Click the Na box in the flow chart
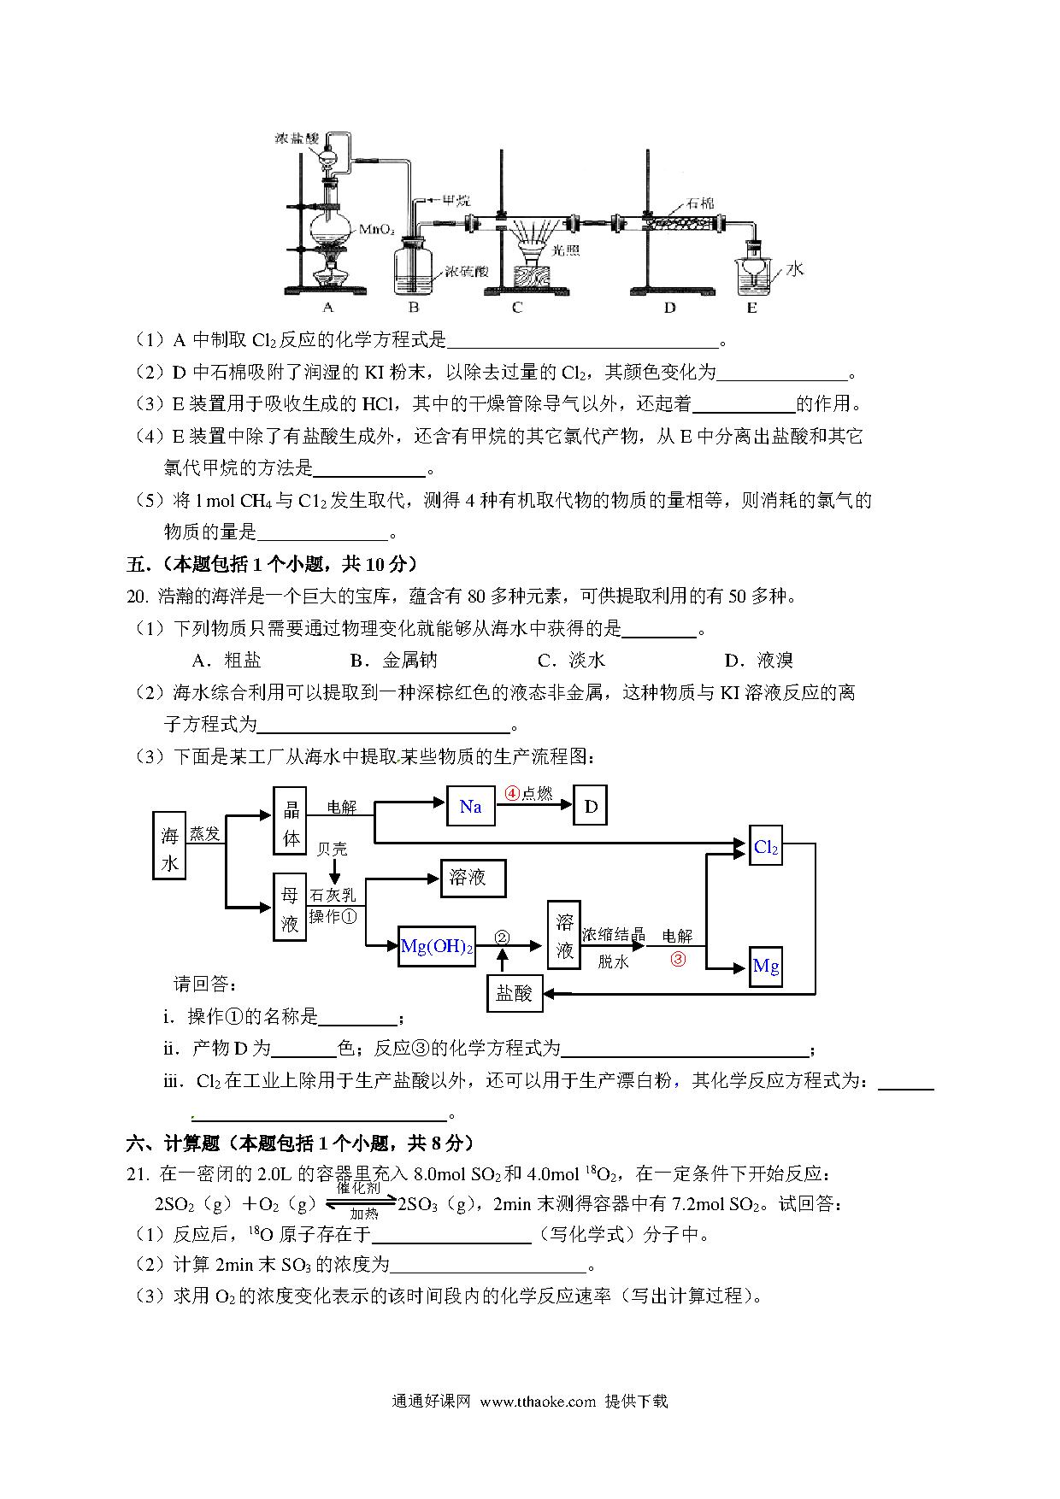point(471,807)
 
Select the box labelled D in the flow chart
point(591,807)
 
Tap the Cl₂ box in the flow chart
point(766,847)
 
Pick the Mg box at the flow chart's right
point(766,967)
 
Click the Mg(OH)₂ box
point(437,947)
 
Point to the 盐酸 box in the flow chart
point(515,993)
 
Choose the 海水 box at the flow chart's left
point(170,846)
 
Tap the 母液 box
point(290,907)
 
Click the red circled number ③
point(678,959)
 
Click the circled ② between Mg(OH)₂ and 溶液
point(502,938)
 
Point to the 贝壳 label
point(333,849)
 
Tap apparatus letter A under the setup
point(328,307)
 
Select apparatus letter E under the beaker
point(751,307)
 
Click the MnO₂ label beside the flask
point(376,229)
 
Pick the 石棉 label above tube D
point(700,203)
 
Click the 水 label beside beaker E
point(795,269)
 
